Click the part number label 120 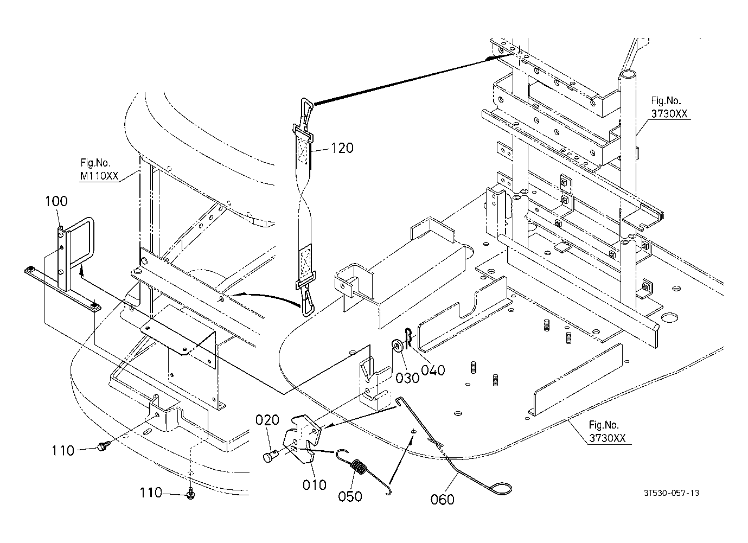(x=342, y=148)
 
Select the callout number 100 (x=56, y=201)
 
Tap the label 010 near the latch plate (x=315, y=484)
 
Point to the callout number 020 (x=267, y=420)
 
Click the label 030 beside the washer (x=407, y=377)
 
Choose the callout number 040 (x=433, y=370)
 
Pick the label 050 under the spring (x=350, y=496)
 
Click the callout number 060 (x=442, y=499)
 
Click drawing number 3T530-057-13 (x=672, y=493)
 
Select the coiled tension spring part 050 (x=359, y=468)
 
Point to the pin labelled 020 (x=270, y=456)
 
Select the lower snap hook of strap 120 (x=306, y=302)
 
